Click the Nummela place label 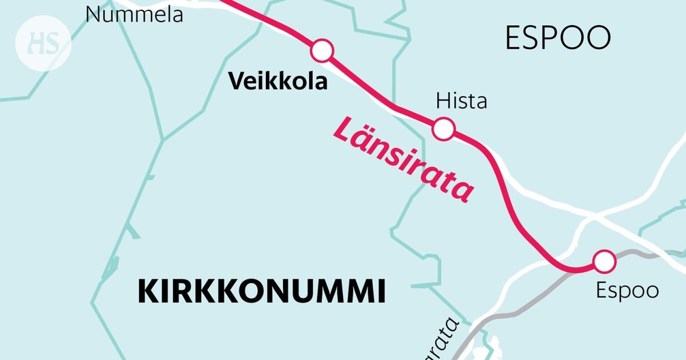(134, 14)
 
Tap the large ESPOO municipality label (558, 38)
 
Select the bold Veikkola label (278, 82)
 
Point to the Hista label (461, 102)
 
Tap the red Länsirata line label (403, 158)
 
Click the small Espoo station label (627, 290)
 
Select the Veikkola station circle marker (322, 51)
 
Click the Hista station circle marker (444, 129)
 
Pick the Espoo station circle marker (604, 261)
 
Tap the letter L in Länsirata (345, 131)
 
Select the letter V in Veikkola (236, 82)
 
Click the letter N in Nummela (92, 14)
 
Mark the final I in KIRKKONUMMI (381, 291)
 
